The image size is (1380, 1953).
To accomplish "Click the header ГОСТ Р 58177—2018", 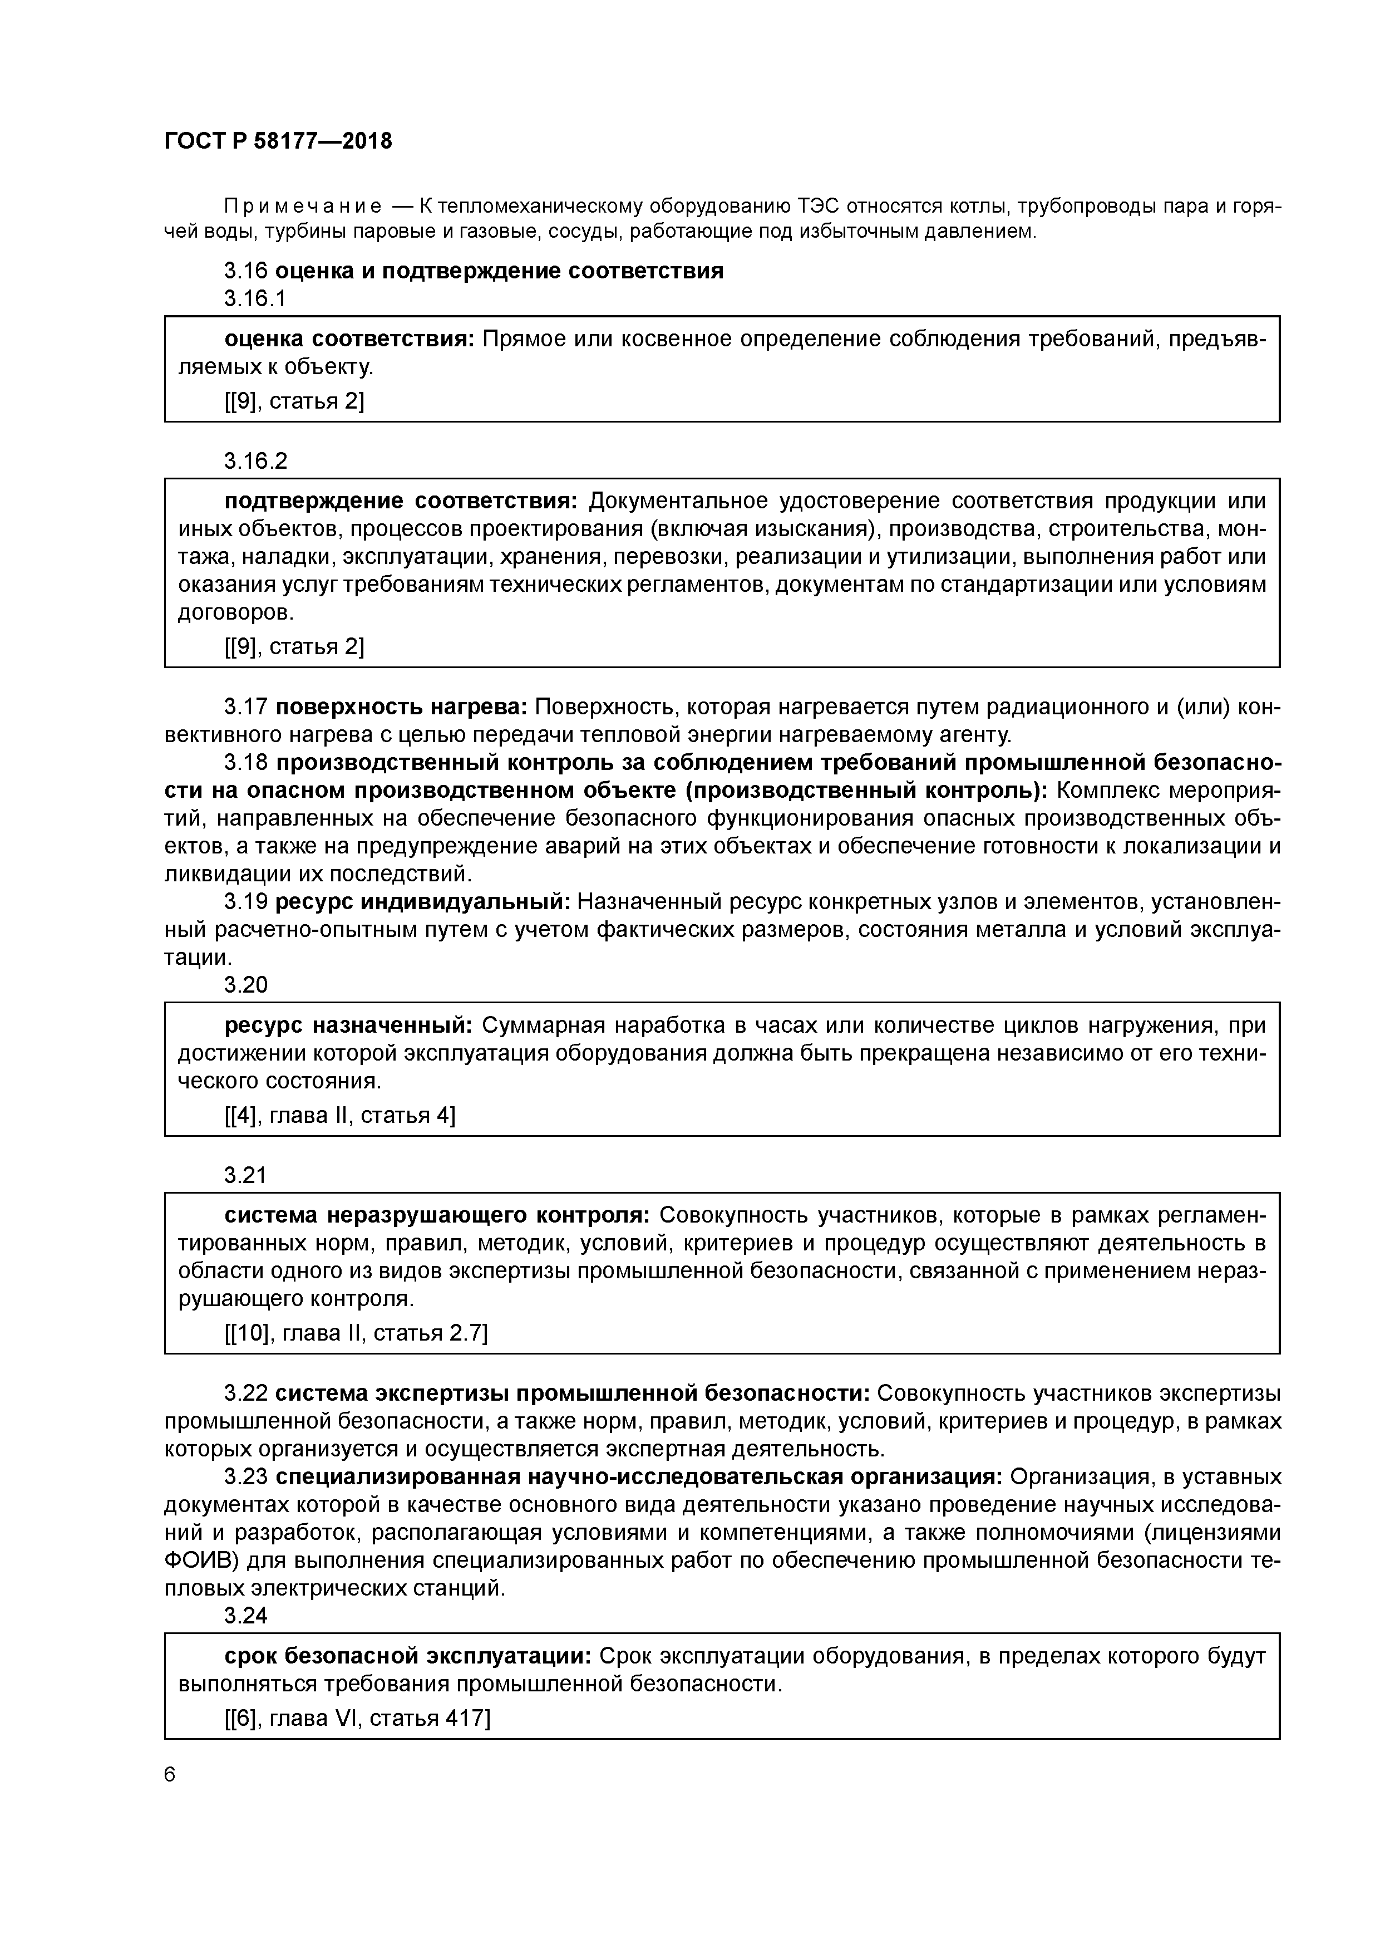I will point(278,141).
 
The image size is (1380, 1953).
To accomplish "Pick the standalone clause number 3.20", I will point(246,985).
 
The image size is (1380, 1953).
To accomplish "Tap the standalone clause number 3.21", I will point(246,1176).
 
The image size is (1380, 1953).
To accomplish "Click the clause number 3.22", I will point(246,1393).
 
